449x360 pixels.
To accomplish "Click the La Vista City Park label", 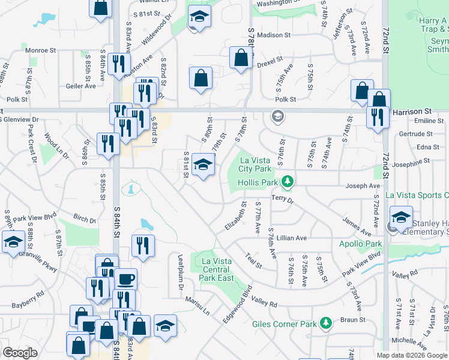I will (x=261, y=164).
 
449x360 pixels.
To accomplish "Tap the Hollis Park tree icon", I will (x=288, y=181).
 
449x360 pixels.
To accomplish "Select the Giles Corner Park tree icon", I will (x=326, y=324).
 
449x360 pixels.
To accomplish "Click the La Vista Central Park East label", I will (x=217, y=269).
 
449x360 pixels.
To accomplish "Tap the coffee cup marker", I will (x=126, y=280).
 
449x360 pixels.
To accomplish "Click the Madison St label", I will (x=274, y=35).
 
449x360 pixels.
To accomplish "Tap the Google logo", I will (x=20, y=353).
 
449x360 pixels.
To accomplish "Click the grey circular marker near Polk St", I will (x=277, y=115).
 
